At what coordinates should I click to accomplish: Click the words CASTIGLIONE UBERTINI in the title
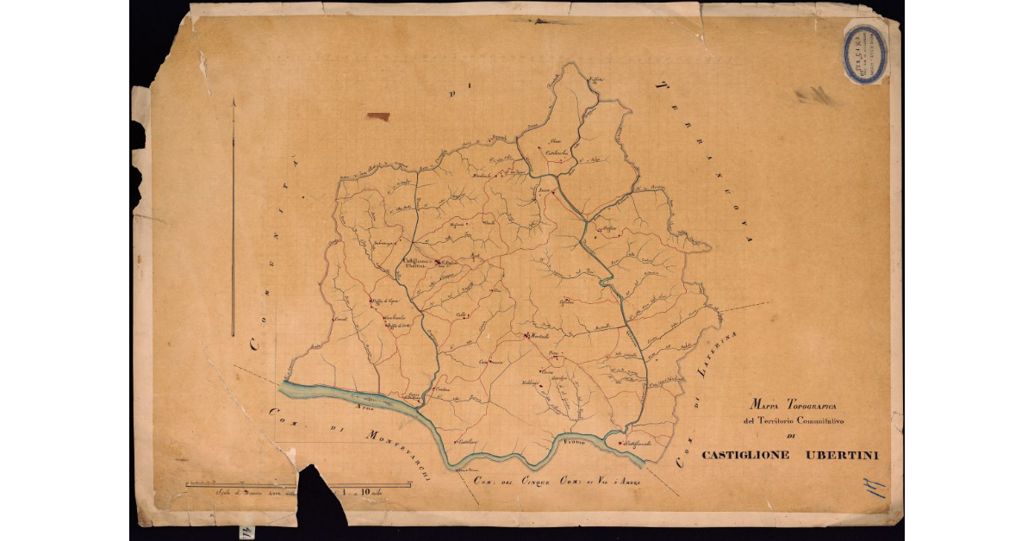pyautogui.click(x=789, y=455)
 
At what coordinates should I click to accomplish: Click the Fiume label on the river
pyautogui.click(x=573, y=442)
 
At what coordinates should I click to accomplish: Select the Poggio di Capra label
pyautogui.click(x=384, y=301)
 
